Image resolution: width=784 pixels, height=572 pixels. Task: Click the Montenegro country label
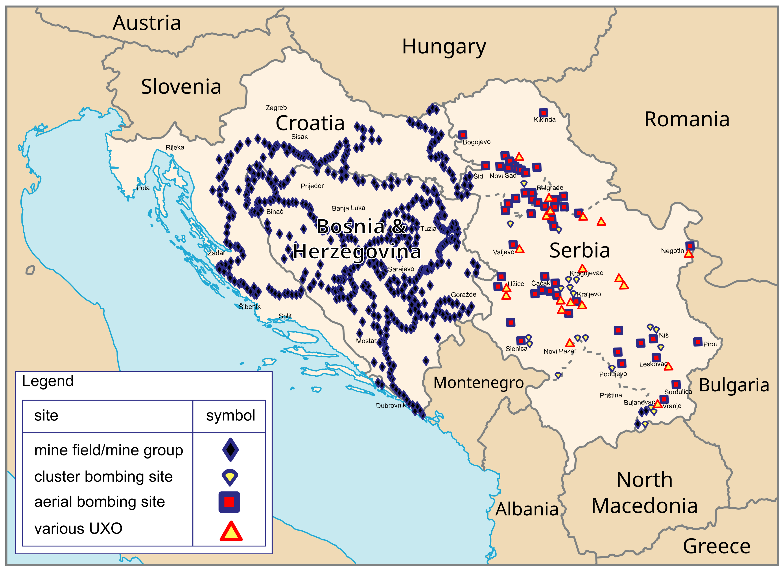[x=479, y=383]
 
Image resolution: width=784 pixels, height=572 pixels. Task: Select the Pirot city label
[x=710, y=344]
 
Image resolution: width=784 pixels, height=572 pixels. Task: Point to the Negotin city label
[x=672, y=251]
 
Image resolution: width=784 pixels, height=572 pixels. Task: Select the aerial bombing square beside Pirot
[x=698, y=342]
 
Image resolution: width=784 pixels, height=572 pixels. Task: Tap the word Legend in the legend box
[x=48, y=381]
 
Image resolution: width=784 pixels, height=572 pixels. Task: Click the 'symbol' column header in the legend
[x=230, y=416]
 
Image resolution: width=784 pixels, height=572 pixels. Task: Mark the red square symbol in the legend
[x=229, y=502]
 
